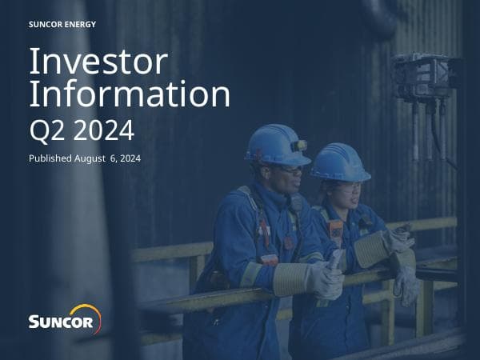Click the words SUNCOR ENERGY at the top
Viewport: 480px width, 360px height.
pyautogui.click(x=62, y=24)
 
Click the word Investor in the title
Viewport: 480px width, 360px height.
pyautogui.click(x=98, y=62)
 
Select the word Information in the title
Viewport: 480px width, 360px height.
pyautogui.click(x=129, y=94)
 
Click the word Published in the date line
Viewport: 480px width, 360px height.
pyautogui.click(x=53, y=158)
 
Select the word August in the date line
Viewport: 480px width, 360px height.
pyautogui.click(x=100, y=158)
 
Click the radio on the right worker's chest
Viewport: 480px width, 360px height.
pyautogui.click(x=336, y=233)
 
